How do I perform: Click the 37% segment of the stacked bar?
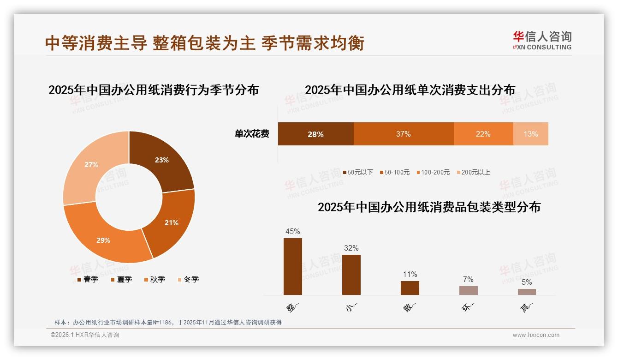pos(403,134)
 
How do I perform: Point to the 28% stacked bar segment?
pos(315,134)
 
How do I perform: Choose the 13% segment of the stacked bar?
pos(530,134)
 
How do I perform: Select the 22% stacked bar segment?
pos(483,134)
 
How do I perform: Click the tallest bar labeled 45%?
pos(292,266)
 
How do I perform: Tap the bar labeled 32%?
pos(351,275)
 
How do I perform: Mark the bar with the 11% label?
pos(410,288)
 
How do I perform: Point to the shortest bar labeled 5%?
pos(527,292)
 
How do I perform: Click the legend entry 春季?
pos(88,279)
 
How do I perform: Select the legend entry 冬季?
pos(188,279)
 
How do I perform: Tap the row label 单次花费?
pos(252,134)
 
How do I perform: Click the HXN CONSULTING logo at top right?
pos(542,40)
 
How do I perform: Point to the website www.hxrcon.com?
pos(536,335)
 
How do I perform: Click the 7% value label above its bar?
pos(468,279)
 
